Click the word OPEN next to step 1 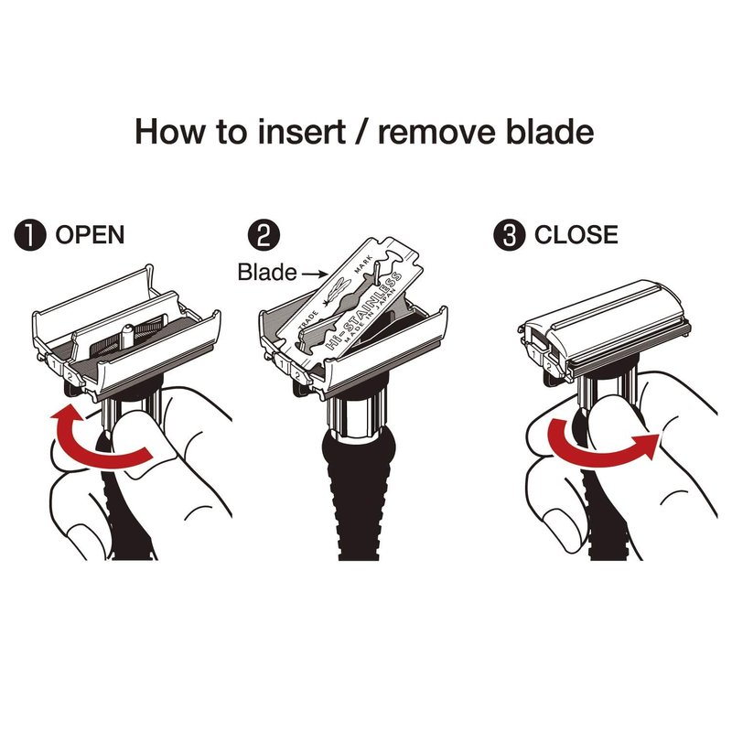90,234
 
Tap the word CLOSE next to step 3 576,234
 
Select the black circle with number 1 30,235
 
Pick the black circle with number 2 264,235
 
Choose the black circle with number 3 510,235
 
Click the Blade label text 267,272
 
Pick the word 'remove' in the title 436,133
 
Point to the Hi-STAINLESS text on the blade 363,310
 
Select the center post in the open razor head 126,336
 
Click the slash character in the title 362,133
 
